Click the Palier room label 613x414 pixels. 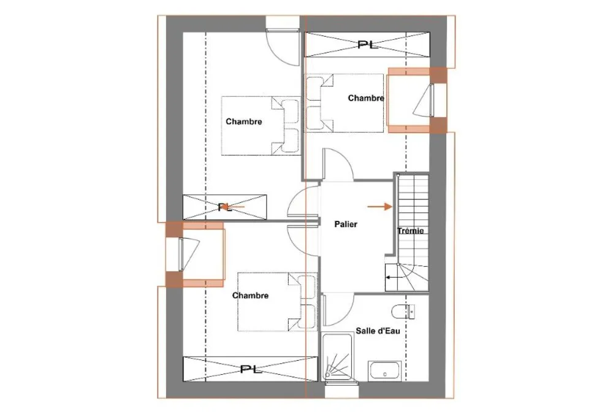pyautogui.click(x=346, y=224)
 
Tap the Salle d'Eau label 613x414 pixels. pyautogui.click(x=378, y=331)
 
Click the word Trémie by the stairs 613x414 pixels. pyautogui.click(x=411, y=231)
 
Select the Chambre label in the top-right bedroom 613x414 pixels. pyautogui.click(x=366, y=98)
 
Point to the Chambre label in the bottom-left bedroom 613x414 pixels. pyautogui.click(x=250, y=296)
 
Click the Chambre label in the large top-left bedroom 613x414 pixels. pyautogui.click(x=243, y=121)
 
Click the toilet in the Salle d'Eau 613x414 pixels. pyautogui.click(x=403, y=312)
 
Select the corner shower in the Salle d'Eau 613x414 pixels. pyautogui.click(x=337, y=356)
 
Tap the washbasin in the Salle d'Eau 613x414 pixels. pyautogui.click(x=384, y=370)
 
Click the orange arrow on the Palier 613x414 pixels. pyautogui.click(x=379, y=207)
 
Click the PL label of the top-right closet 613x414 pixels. pyautogui.click(x=367, y=45)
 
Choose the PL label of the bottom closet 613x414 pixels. pyautogui.click(x=251, y=369)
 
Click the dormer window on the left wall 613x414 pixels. pyautogui.click(x=195, y=255)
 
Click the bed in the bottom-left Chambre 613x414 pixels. pyautogui.click(x=277, y=302)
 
